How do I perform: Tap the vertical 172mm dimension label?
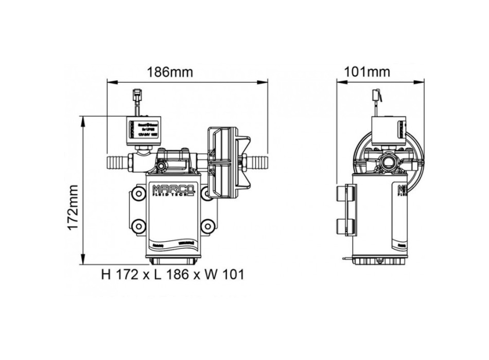tap(74, 207)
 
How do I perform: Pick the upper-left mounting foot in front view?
tap(138, 194)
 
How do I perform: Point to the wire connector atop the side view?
tap(377, 96)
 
